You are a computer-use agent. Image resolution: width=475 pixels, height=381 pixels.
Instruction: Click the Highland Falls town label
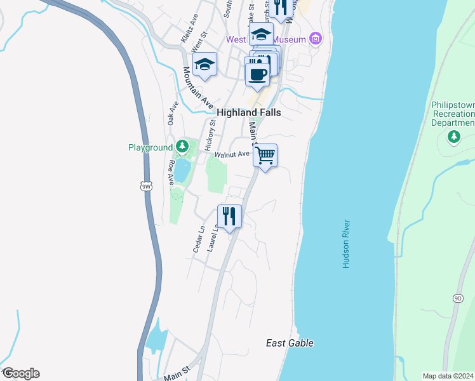tap(249, 112)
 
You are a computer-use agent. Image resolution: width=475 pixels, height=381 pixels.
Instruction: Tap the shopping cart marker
tap(265, 154)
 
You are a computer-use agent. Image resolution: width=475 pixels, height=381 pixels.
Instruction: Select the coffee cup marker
tap(257, 74)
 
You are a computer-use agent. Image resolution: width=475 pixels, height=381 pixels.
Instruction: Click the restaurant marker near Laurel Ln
tap(230, 216)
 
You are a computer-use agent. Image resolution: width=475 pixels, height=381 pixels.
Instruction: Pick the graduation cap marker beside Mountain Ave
tap(204, 65)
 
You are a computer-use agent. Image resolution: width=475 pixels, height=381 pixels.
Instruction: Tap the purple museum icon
tap(316, 39)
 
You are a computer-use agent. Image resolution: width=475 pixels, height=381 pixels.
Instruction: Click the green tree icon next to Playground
tap(183, 147)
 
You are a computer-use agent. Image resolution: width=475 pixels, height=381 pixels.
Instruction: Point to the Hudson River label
tap(347, 244)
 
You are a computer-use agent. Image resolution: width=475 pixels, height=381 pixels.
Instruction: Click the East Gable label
tap(290, 344)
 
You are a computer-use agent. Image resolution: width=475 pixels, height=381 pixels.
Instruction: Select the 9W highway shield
tap(147, 186)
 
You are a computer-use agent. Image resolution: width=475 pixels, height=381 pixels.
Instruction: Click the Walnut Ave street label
tap(232, 154)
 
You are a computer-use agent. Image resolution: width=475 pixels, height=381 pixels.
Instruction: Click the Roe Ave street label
tap(171, 172)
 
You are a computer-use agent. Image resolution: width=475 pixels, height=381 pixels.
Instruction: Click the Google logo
tap(20, 373)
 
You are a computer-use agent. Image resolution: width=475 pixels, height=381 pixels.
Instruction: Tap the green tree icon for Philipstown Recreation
tap(453, 136)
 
